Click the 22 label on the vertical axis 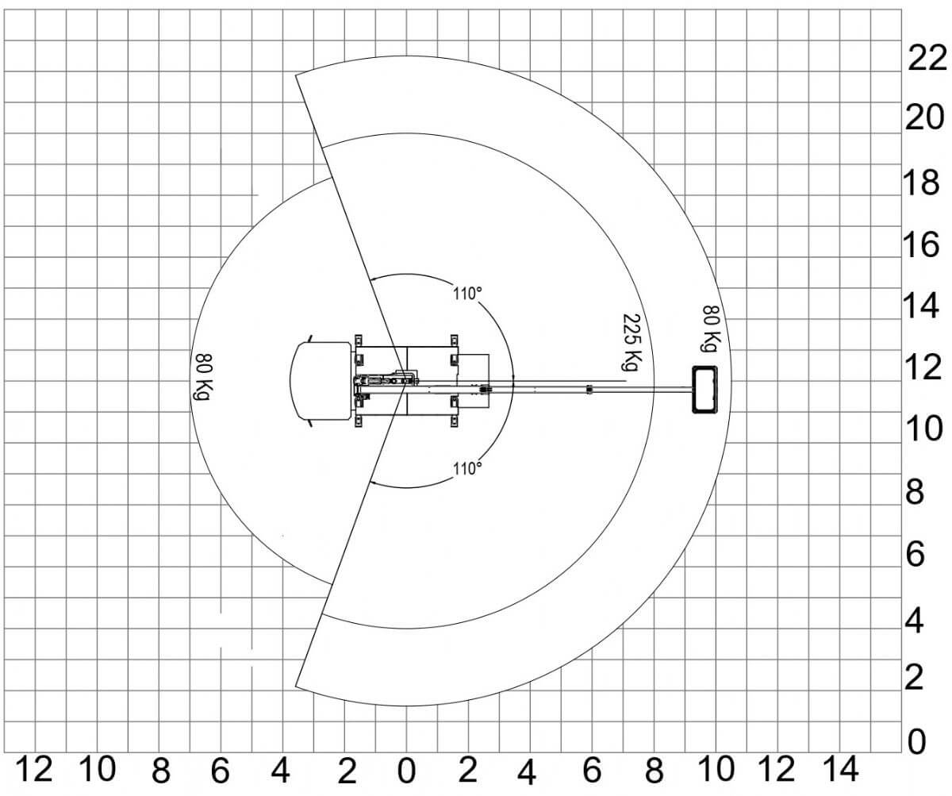tap(927, 59)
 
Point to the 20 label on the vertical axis tap(924, 117)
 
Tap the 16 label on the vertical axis tap(921, 245)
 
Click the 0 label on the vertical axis tap(917, 743)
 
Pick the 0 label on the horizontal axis tap(407, 771)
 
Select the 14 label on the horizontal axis tap(841, 769)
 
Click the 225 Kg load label tap(631, 342)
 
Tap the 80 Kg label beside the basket tap(712, 329)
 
